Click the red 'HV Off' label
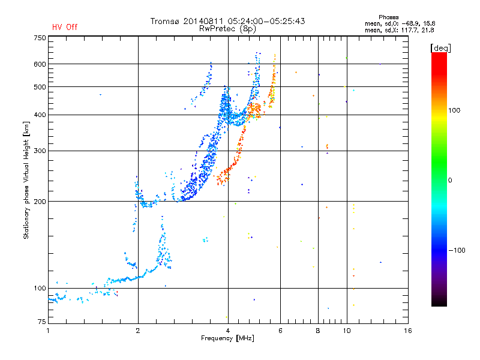(65, 27)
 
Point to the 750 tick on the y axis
(40, 38)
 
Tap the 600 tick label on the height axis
(40, 64)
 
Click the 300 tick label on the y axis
(40, 151)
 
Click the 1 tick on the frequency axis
(49, 330)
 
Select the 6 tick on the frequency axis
(281, 330)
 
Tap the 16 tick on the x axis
(408, 330)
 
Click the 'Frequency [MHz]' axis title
(228, 338)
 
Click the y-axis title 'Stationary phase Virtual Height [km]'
(26, 180)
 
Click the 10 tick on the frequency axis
(346, 330)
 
